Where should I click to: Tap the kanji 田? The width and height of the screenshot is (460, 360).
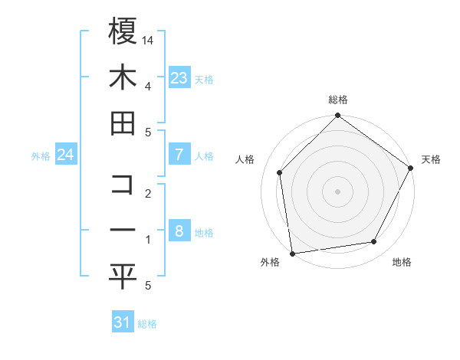click(123, 123)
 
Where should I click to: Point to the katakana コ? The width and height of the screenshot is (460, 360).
click(123, 184)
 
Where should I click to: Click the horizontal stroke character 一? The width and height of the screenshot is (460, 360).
click(123, 231)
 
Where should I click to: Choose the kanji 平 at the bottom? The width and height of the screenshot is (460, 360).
click(123, 277)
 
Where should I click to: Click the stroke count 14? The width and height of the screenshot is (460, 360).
click(149, 39)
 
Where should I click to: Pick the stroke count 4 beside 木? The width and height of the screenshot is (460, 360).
click(148, 86)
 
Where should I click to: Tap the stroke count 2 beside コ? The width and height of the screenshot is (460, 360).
click(148, 193)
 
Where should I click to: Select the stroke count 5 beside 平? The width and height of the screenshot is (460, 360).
click(148, 286)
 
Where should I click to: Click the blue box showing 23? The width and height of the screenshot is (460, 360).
click(179, 77)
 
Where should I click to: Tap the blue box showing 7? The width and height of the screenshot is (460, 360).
click(179, 155)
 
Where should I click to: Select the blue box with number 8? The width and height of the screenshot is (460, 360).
click(179, 231)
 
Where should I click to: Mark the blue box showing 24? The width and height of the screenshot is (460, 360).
click(66, 155)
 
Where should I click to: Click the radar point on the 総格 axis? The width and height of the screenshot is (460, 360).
click(337, 116)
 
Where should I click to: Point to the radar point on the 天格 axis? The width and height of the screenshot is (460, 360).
click(411, 169)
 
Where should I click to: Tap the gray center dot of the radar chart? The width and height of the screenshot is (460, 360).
click(337, 191)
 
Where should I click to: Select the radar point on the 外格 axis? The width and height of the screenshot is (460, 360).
click(292, 253)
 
